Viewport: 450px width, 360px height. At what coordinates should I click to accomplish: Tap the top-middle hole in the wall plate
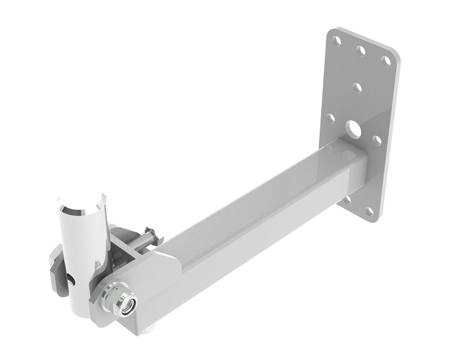[x=361, y=51]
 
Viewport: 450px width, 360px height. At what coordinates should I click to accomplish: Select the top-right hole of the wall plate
[x=387, y=61]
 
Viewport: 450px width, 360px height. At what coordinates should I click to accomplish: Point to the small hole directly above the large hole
[x=358, y=88]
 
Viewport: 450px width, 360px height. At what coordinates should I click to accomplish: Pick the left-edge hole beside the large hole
[x=330, y=119]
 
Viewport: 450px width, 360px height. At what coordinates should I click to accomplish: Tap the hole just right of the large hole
[x=376, y=140]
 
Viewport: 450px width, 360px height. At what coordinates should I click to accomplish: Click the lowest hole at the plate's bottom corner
[x=369, y=211]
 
